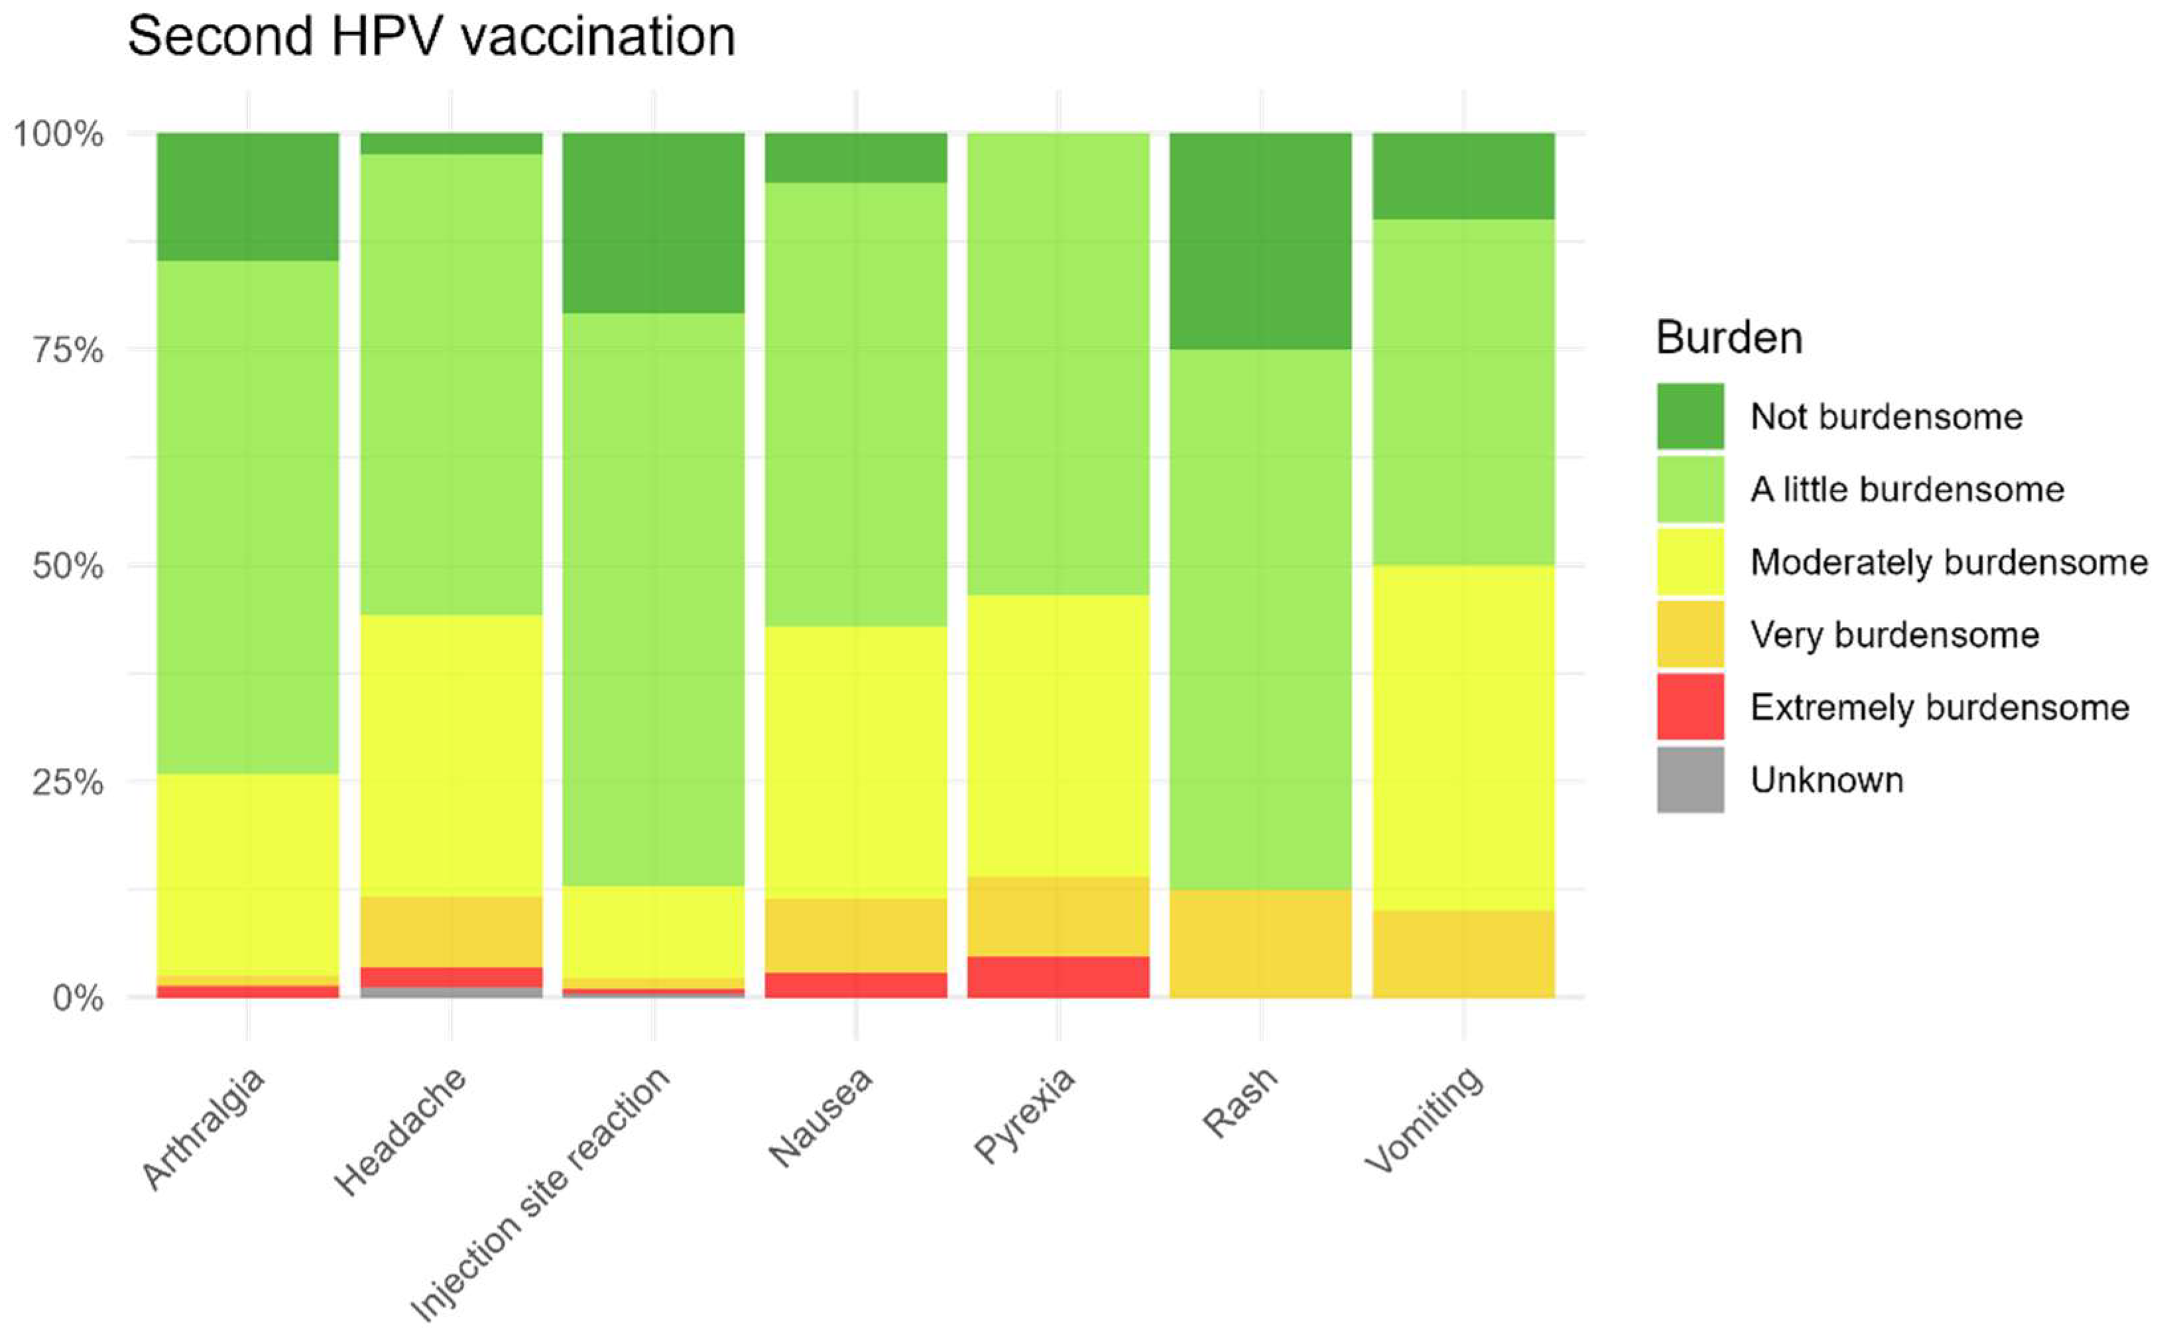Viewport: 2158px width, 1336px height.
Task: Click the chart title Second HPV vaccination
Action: pyautogui.click(x=431, y=37)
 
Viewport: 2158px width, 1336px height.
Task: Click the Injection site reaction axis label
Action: pyautogui.click(x=540, y=1193)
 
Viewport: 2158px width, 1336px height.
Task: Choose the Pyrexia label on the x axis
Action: pyautogui.click(x=1025, y=1115)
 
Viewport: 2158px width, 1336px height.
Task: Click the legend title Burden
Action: pyautogui.click(x=1728, y=338)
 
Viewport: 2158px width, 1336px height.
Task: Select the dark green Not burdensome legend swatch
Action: pyautogui.click(x=1689, y=416)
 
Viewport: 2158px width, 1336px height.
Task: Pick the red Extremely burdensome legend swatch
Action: pyautogui.click(x=1689, y=707)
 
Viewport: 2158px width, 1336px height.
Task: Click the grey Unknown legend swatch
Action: pyautogui.click(x=1689, y=779)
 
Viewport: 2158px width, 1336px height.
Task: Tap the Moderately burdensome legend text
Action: pyautogui.click(x=1948, y=562)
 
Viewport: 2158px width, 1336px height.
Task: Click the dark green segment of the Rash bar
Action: pyautogui.click(x=1260, y=240)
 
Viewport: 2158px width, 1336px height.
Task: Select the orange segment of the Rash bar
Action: pyautogui.click(x=1260, y=943)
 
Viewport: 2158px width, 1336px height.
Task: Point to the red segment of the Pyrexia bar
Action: pyautogui.click(x=1058, y=977)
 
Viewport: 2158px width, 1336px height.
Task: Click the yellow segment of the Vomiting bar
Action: pyautogui.click(x=1463, y=738)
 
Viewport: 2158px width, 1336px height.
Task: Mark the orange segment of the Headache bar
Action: pyautogui.click(x=451, y=932)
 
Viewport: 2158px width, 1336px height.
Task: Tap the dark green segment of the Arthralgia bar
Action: pyautogui.click(x=247, y=196)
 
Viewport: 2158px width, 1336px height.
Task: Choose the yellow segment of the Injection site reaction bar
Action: pyautogui.click(x=654, y=932)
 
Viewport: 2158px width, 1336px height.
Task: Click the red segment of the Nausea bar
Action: pyautogui.click(x=855, y=985)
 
